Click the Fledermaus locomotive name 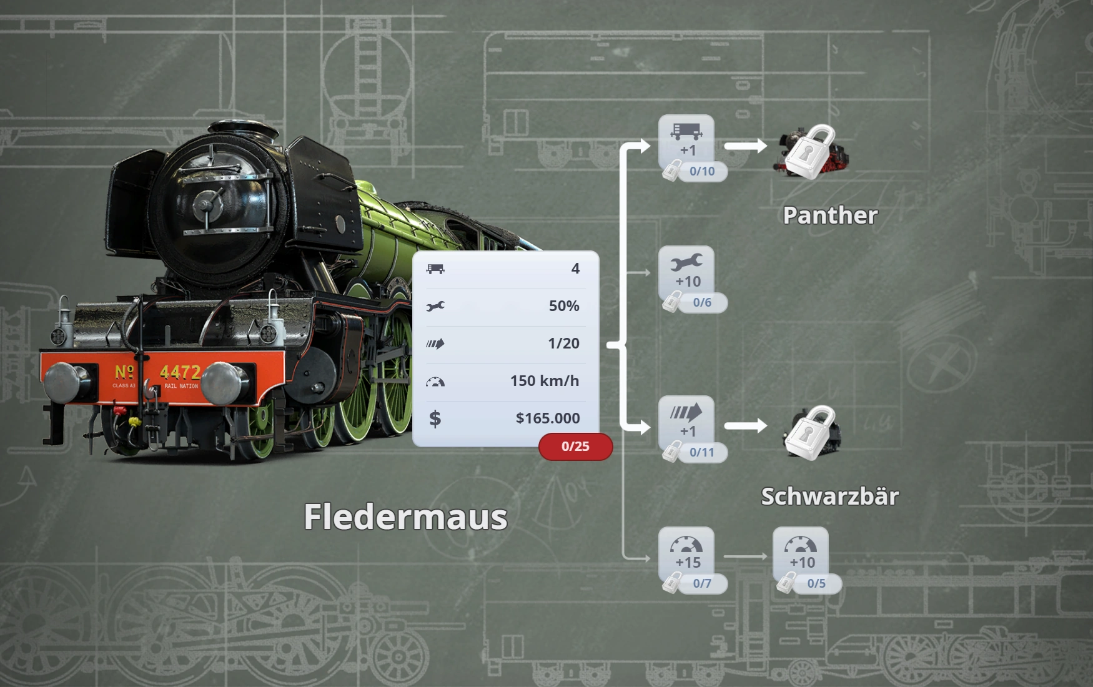pyautogui.click(x=405, y=517)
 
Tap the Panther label pyautogui.click(x=830, y=215)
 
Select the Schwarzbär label pyautogui.click(x=830, y=497)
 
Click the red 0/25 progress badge pyautogui.click(x=575, y=447)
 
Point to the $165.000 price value pyautogui.click(x=547, y=418)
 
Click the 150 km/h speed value pyautogui.click(x=544, y=381)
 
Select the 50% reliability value pyautogui.click(x=563, y=306)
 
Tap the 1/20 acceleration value pyautogui.click(x=563, y=343)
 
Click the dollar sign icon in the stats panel pyautogui.click(x=435, y=418)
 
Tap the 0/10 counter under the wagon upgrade pyautogui.click(x=702, y=171)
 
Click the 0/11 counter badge pyautogui.click(x=702, y=452)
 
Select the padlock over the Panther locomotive pyautogui.click(x=810, y=151)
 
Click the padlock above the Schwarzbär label pyautogui.click(x=810, y=433)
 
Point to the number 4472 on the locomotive pyautogui.click(x=180, y=372)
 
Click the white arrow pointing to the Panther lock pyautogui.click(x=745, y=146)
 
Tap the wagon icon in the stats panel pyautogui.click(x=435, y=269)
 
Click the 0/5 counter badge pyautogui.click(x=816, y=583)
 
